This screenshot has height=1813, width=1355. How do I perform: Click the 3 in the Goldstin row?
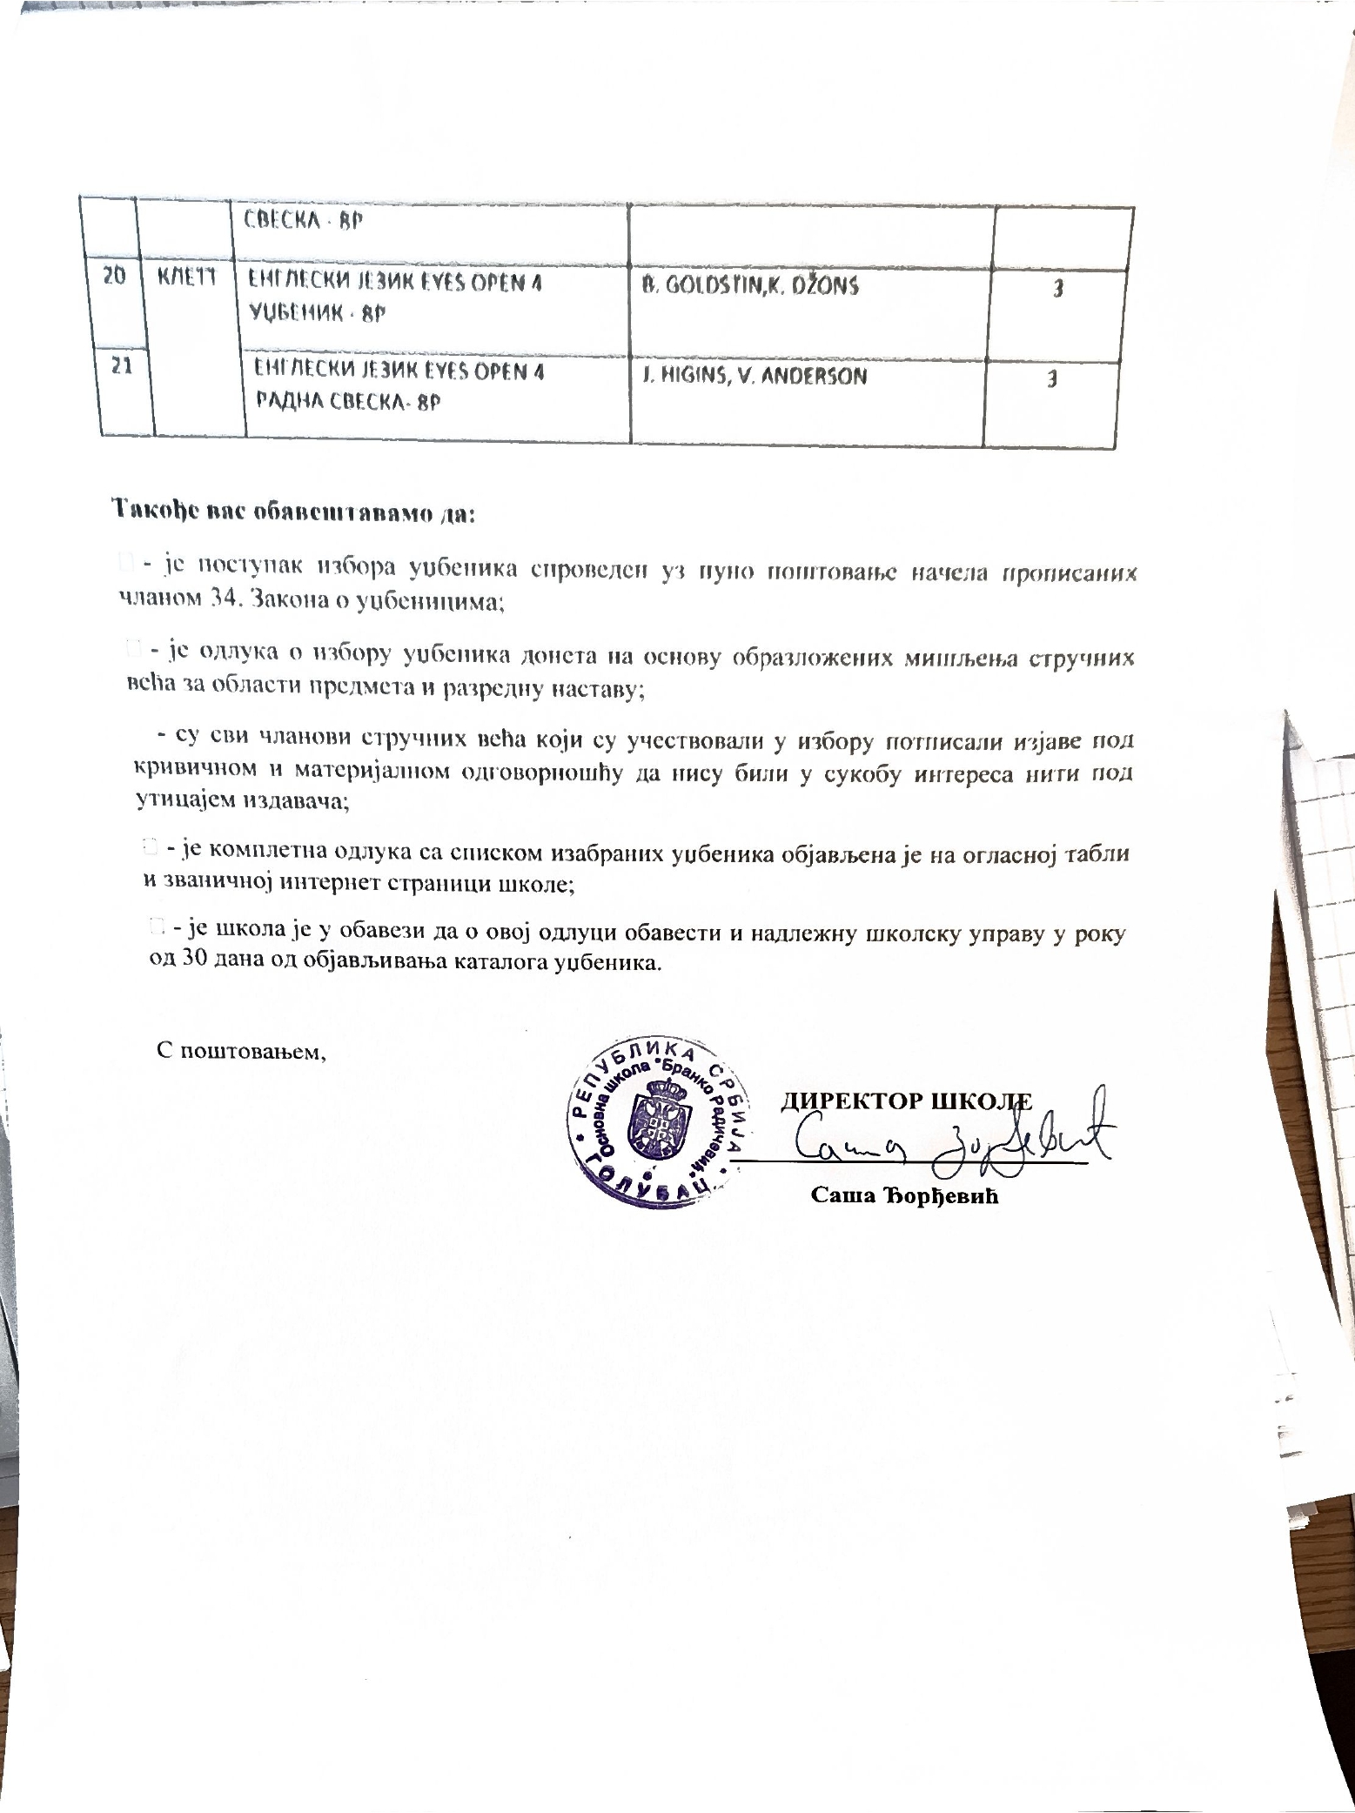tap(1057, 291)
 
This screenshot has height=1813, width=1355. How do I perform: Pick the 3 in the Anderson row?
tap(1052, 381)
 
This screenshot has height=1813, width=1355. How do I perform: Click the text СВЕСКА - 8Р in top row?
tap(304, 220)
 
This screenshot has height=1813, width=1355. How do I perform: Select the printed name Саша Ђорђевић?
tap(903, 1195)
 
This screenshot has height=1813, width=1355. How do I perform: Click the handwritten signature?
tap(949, 1135)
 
